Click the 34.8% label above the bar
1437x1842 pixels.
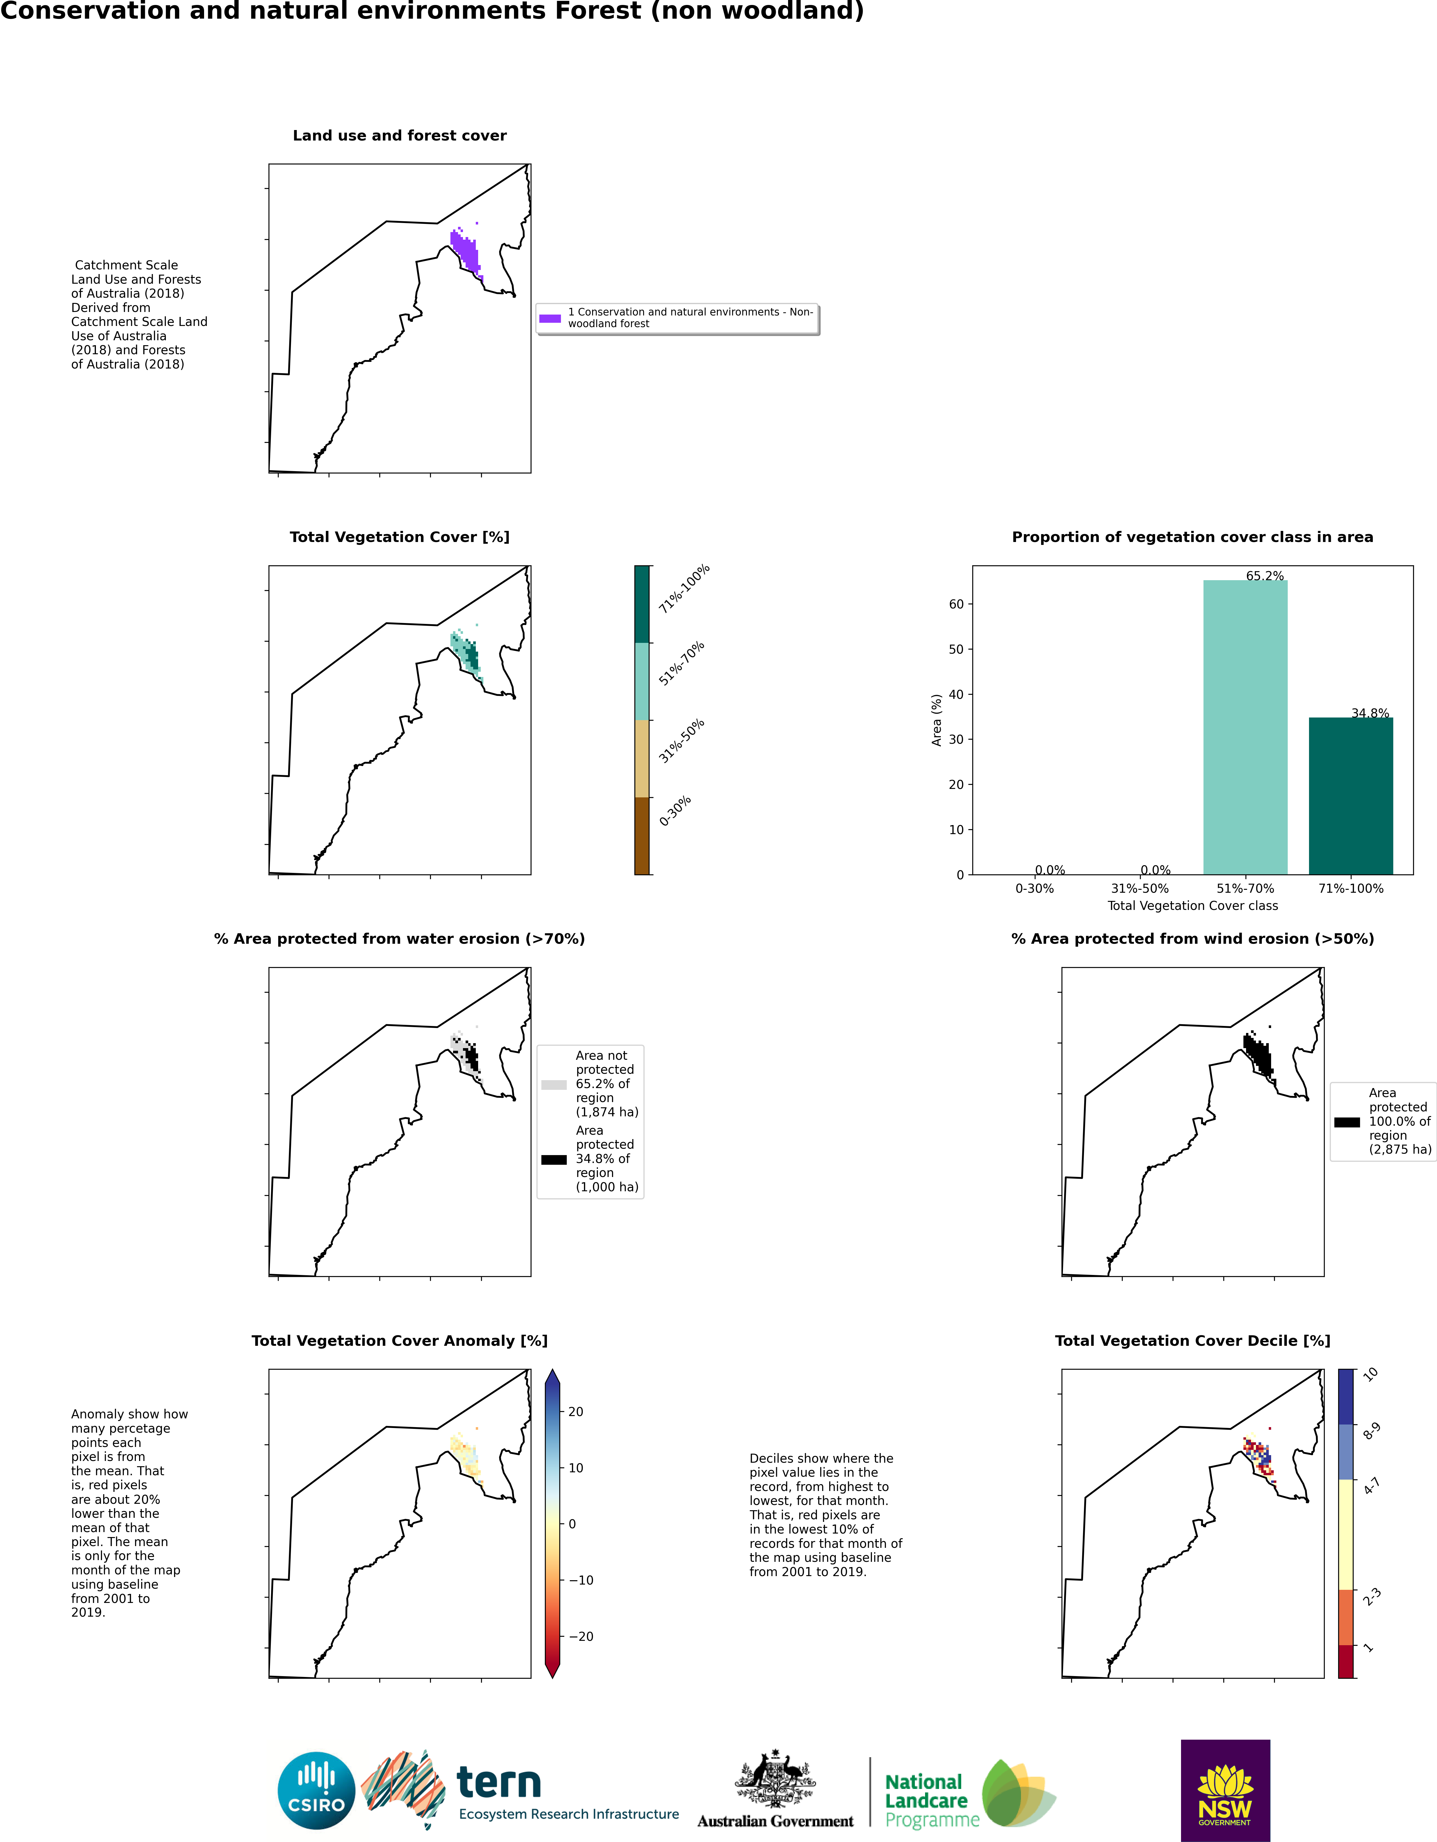(1370, 713)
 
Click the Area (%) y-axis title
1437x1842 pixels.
(936, 720)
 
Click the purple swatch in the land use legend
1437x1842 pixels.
(550, 318)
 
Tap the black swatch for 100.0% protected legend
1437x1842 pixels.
(1347, 1122)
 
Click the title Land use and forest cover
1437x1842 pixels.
(400, 136)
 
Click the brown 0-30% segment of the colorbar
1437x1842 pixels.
(642, 836)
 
